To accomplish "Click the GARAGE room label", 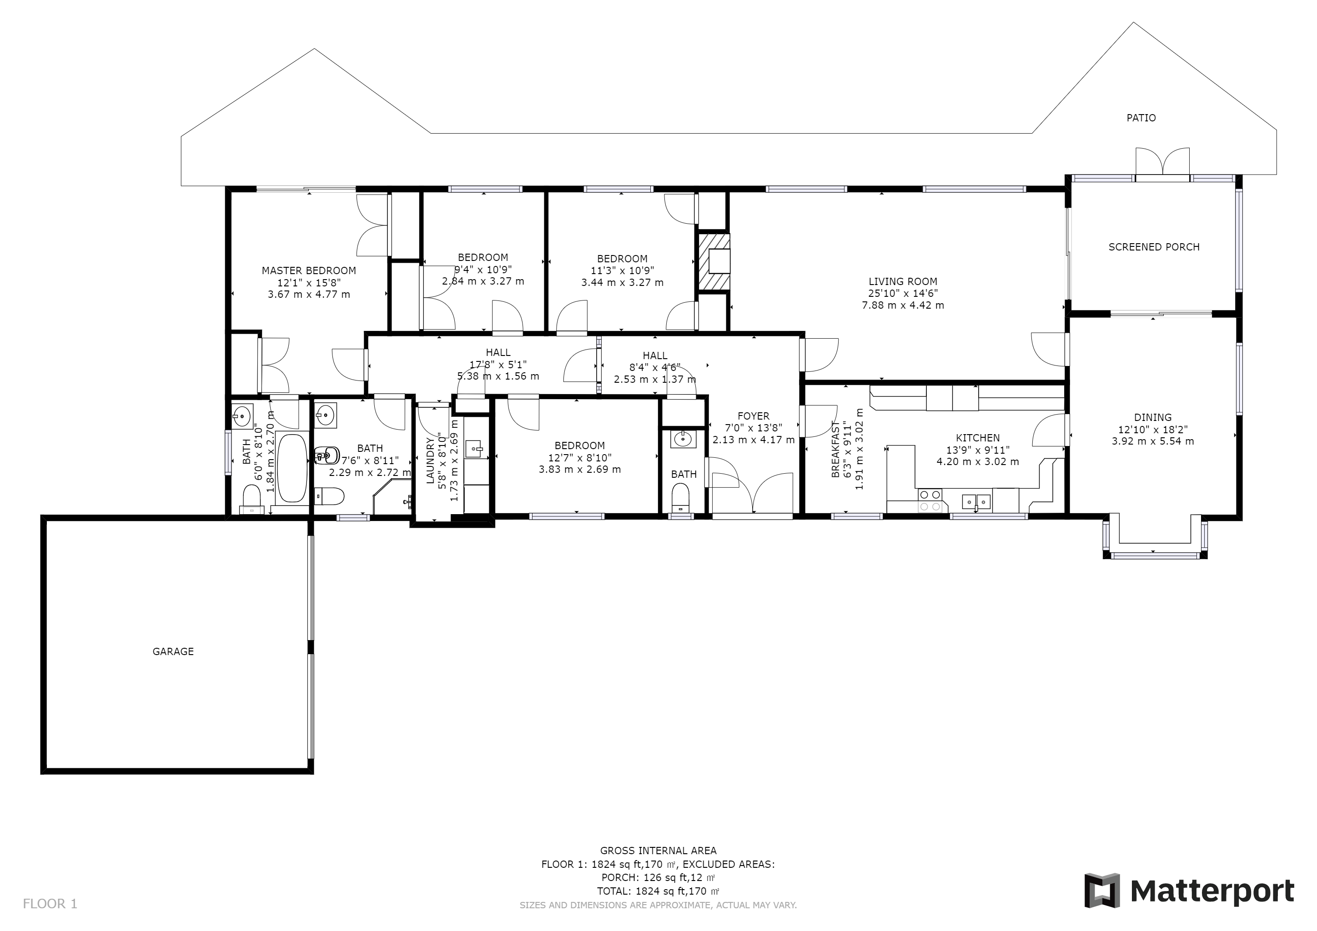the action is point(173,651).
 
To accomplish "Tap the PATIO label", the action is point(1141,118).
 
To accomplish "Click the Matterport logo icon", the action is point(1101,890).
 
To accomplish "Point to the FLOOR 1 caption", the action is point(50,904).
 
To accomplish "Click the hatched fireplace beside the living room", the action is point(714,261).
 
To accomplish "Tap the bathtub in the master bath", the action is point(292,469).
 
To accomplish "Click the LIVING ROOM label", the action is point(903,281).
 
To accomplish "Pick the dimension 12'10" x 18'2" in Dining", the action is point(1153,430).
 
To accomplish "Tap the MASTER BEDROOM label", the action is point(309,270).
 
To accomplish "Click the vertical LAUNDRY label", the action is point(430,461).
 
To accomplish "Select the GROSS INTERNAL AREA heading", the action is point(658,851).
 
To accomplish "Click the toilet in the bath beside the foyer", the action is point(680,497).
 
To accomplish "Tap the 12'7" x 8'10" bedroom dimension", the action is point(579,457).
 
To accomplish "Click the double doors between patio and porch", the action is point(1162,163).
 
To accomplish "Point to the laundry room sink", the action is point(474,448).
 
